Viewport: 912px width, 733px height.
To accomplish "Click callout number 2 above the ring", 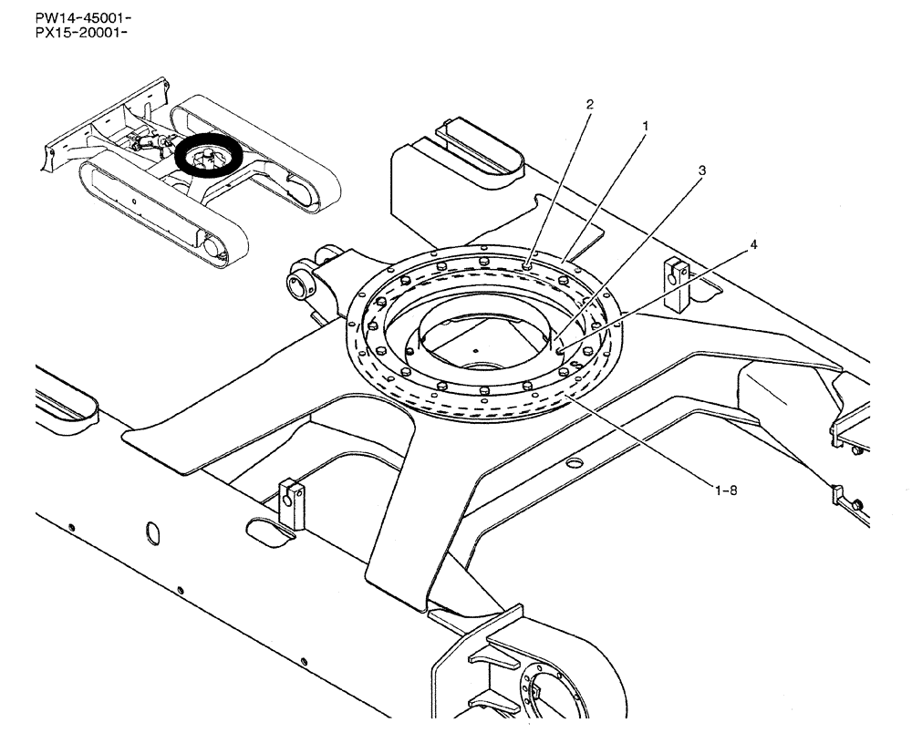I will point(589,104).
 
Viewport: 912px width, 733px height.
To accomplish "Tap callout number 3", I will point(701,170).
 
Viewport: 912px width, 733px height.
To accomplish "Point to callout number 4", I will point(752,244).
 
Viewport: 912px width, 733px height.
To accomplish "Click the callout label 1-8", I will point(726,490).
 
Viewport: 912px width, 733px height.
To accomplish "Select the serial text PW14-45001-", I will point(71,18).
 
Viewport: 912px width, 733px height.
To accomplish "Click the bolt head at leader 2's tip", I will point(529,265).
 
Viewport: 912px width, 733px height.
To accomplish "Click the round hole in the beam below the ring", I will point(574,463).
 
